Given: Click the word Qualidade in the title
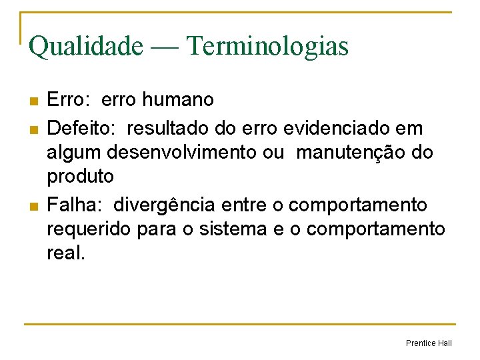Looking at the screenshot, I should [85, 46].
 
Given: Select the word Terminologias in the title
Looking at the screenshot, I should [268, 46].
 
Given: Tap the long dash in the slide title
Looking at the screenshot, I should [164, 47].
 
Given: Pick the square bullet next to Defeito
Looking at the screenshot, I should [33, 127].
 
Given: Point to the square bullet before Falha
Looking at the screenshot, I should [33, 205].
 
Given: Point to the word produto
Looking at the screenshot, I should [80, 177].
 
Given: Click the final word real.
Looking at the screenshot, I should [65, 254].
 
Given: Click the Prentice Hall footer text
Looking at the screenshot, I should [429, 343].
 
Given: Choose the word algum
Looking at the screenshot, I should [72, 152].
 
